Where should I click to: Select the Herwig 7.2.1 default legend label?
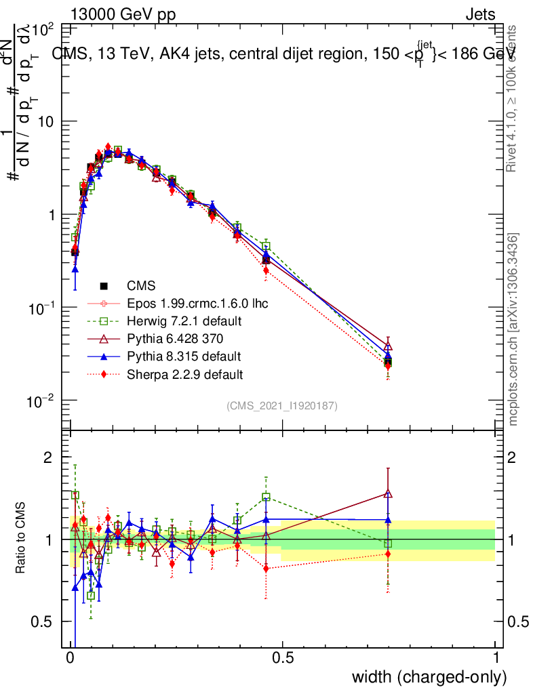[x=184, y=321]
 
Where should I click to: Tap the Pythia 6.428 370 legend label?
[x=174, y=338]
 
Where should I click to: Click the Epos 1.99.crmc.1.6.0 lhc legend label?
[x=197, y=303]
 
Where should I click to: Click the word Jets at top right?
[x=480, y=14]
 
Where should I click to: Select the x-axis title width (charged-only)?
[x=429, y=676]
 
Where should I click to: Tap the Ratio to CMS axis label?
[x=21, y=539]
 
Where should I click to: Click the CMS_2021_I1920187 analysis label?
[x=282, y=405]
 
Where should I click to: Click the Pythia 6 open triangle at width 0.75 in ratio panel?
[x=388, y=494]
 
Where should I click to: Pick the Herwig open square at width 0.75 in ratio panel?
[x=388, y=544]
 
